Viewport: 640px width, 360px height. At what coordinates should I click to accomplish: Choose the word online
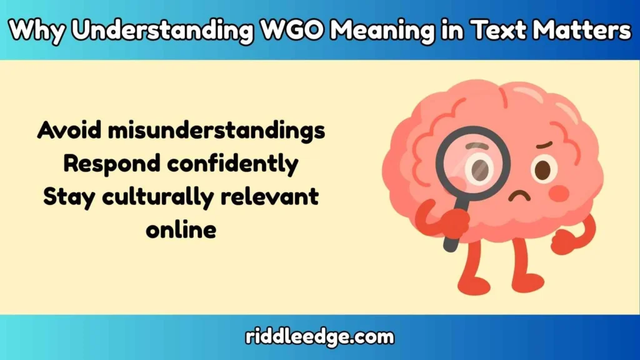[181, 230]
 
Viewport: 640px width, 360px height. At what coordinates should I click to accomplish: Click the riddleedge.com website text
[319, 337]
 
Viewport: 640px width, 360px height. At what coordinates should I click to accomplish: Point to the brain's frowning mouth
[518, 195]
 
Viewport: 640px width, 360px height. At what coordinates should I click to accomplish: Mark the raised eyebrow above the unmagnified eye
[544, 146]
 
